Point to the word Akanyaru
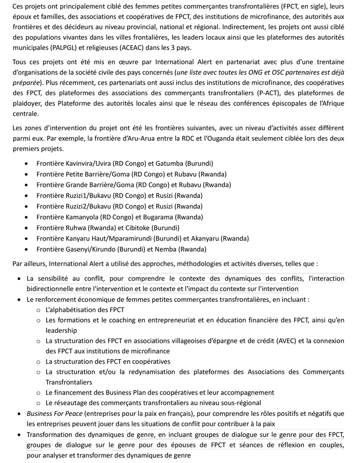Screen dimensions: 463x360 [205, 238]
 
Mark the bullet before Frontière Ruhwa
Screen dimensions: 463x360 [27, 227]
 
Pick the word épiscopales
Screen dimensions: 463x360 [292, 103]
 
